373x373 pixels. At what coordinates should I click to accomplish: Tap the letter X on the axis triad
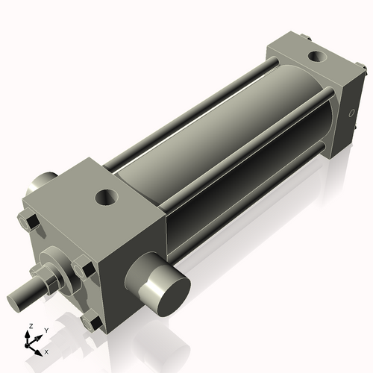(x=47, y=351)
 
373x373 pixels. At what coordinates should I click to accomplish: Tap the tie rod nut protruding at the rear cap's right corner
(x=365, y=72)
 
